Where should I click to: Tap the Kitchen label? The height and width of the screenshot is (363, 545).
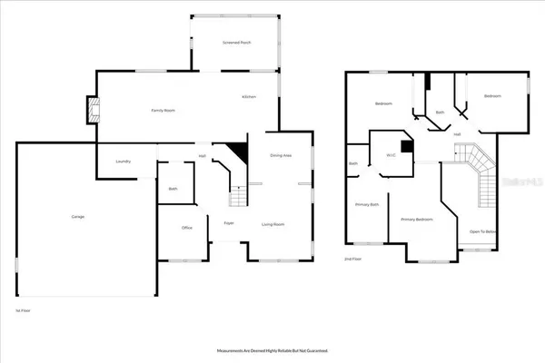249,97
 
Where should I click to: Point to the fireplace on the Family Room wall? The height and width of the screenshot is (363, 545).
91,110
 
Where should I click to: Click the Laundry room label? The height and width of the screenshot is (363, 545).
123,162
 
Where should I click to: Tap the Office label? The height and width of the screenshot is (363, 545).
186,227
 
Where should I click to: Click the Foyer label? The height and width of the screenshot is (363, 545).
229,222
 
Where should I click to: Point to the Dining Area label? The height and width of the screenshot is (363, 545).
281,156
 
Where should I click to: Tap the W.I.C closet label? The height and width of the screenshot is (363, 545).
391,155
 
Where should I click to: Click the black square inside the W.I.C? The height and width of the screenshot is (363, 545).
406,145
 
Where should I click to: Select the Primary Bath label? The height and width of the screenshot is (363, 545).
367,205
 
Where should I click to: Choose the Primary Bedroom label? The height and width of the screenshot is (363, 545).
417,220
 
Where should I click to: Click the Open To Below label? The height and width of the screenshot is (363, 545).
482,231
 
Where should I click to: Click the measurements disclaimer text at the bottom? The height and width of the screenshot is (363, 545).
272,349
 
